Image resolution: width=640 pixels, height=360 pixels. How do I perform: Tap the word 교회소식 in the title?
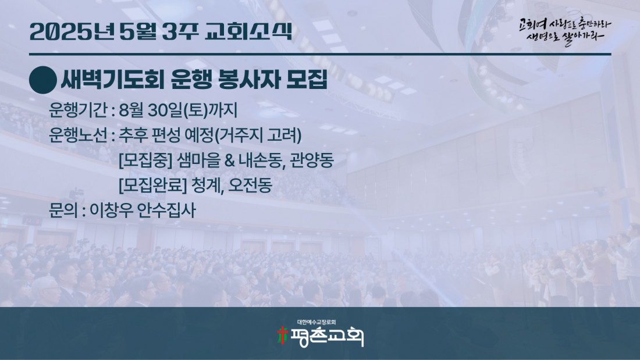point(248,31)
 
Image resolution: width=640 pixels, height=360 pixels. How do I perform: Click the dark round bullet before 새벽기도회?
point(43,80)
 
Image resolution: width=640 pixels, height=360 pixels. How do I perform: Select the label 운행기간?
point(78,110)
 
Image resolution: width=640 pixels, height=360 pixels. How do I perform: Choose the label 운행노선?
point(78,135)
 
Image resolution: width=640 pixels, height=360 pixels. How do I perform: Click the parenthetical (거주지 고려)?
point(258,135)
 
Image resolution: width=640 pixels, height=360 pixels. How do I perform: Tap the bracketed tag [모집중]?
point(145,161)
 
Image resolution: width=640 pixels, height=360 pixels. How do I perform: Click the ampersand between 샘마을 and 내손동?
point(229,161)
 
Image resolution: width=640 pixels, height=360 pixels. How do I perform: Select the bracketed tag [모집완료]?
point(152,186)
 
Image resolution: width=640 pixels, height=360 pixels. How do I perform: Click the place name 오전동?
point(250,186)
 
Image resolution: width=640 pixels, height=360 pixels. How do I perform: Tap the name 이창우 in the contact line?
point(110,210)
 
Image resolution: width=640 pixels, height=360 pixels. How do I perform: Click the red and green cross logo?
point(282,335)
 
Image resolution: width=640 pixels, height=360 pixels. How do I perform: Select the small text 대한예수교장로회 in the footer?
point(317,322)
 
